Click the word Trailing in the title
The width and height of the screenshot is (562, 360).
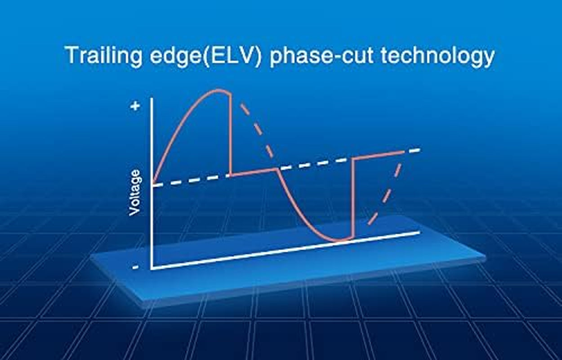pos(103,55)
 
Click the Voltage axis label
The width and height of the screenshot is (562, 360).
pos(135,193)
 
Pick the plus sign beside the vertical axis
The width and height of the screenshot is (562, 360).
pos(135,106)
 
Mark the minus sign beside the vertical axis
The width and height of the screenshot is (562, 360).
pos(135,267)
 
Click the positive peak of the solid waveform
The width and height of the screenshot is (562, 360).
pos(218,90)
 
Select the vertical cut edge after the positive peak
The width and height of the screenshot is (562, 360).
pos(230,134)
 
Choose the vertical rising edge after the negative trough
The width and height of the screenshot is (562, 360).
pos(353,198)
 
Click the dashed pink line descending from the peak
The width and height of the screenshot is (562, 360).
pos(256,130)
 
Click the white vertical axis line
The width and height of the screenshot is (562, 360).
pos(152,183)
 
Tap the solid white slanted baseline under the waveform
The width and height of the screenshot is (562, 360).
pos(285,251)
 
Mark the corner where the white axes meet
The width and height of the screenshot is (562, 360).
pos(152,269)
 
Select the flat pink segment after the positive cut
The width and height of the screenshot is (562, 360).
pos(254,172)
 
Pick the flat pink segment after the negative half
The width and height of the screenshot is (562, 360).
pos(379,155)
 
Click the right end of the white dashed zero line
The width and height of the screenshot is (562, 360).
pos(419,150)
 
